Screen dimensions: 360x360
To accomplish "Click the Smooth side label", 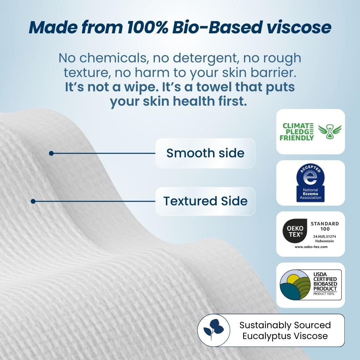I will (205, 153).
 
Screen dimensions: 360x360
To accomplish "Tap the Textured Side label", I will (205, 201).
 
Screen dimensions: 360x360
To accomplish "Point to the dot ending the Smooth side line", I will (51, 153).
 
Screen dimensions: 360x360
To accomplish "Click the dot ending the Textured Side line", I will (33, 201).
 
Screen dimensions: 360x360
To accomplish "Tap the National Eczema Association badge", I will (310, 183).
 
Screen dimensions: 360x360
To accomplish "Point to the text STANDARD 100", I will (324, 226).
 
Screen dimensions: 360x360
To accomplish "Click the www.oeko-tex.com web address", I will (311, 247).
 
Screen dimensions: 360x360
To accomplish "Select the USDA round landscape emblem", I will (294, 284).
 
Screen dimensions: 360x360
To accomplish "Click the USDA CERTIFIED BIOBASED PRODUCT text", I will (325, 282).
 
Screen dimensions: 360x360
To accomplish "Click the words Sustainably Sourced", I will (285, 325).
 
